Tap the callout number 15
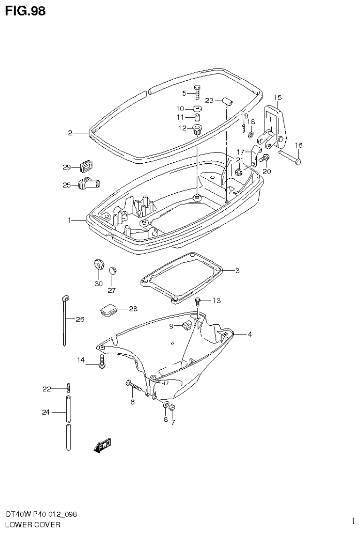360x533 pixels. pos(277,98)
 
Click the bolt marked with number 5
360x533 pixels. pos(197,92)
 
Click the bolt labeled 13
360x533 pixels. pos(198,301)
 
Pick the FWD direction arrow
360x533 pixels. pos(102,445)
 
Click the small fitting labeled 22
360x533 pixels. pos(69,388)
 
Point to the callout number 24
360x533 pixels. pos(46,413)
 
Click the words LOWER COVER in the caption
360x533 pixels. pos(32,525)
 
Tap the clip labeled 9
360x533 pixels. pos(187,325)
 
